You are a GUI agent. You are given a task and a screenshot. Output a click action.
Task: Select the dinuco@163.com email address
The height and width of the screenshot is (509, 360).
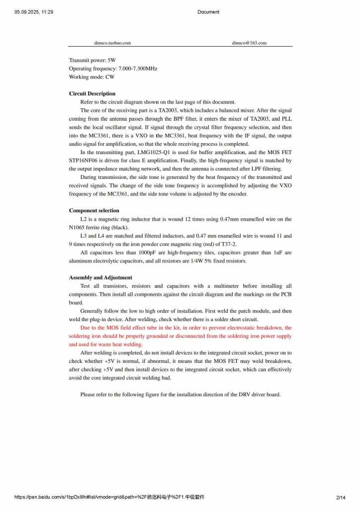pyautogui.click(x=249, y=43)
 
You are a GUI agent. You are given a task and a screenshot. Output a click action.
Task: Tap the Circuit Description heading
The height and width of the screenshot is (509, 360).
pyautogui.click(x=92, y=93)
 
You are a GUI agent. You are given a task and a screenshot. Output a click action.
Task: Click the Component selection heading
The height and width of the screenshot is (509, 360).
pyautogui.click(x=94, y=211)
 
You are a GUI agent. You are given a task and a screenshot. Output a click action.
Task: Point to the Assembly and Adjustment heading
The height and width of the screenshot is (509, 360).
pyautogui.click(x=100, y=278)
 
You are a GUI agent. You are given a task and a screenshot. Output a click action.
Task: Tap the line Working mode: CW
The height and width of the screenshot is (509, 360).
pyautogui.click(x=91, y=77)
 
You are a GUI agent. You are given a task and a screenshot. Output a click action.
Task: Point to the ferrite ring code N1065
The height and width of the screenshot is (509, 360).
pyautogui.click(x=77, y=228)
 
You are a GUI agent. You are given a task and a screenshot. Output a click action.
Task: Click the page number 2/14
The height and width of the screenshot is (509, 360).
pyautogui.click(x=341, y=497)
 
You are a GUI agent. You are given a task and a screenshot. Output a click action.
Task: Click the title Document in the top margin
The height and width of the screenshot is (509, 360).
pyautogui.click(x=208, y=12)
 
